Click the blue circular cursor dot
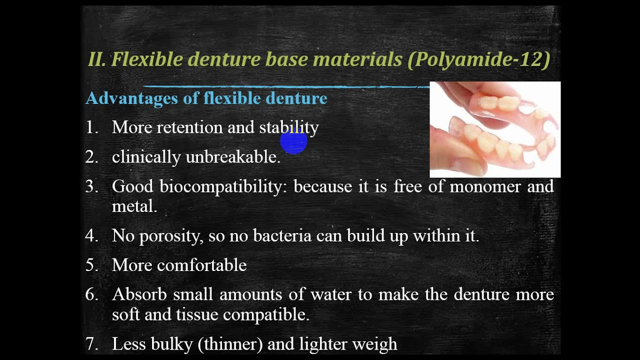click(293, 142)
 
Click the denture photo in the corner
click(495, 129)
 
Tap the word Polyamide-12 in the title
click(479, 59)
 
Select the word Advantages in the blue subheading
click(132, 98)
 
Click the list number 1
click(91, 127)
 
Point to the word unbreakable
click(232, 157)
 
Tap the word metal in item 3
click(134, 206)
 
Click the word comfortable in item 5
click(201, 265)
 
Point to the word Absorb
click(139, 294)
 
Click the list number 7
click(91, 344)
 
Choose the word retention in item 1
click(189, 127)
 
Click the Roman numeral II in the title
click(96, 59)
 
